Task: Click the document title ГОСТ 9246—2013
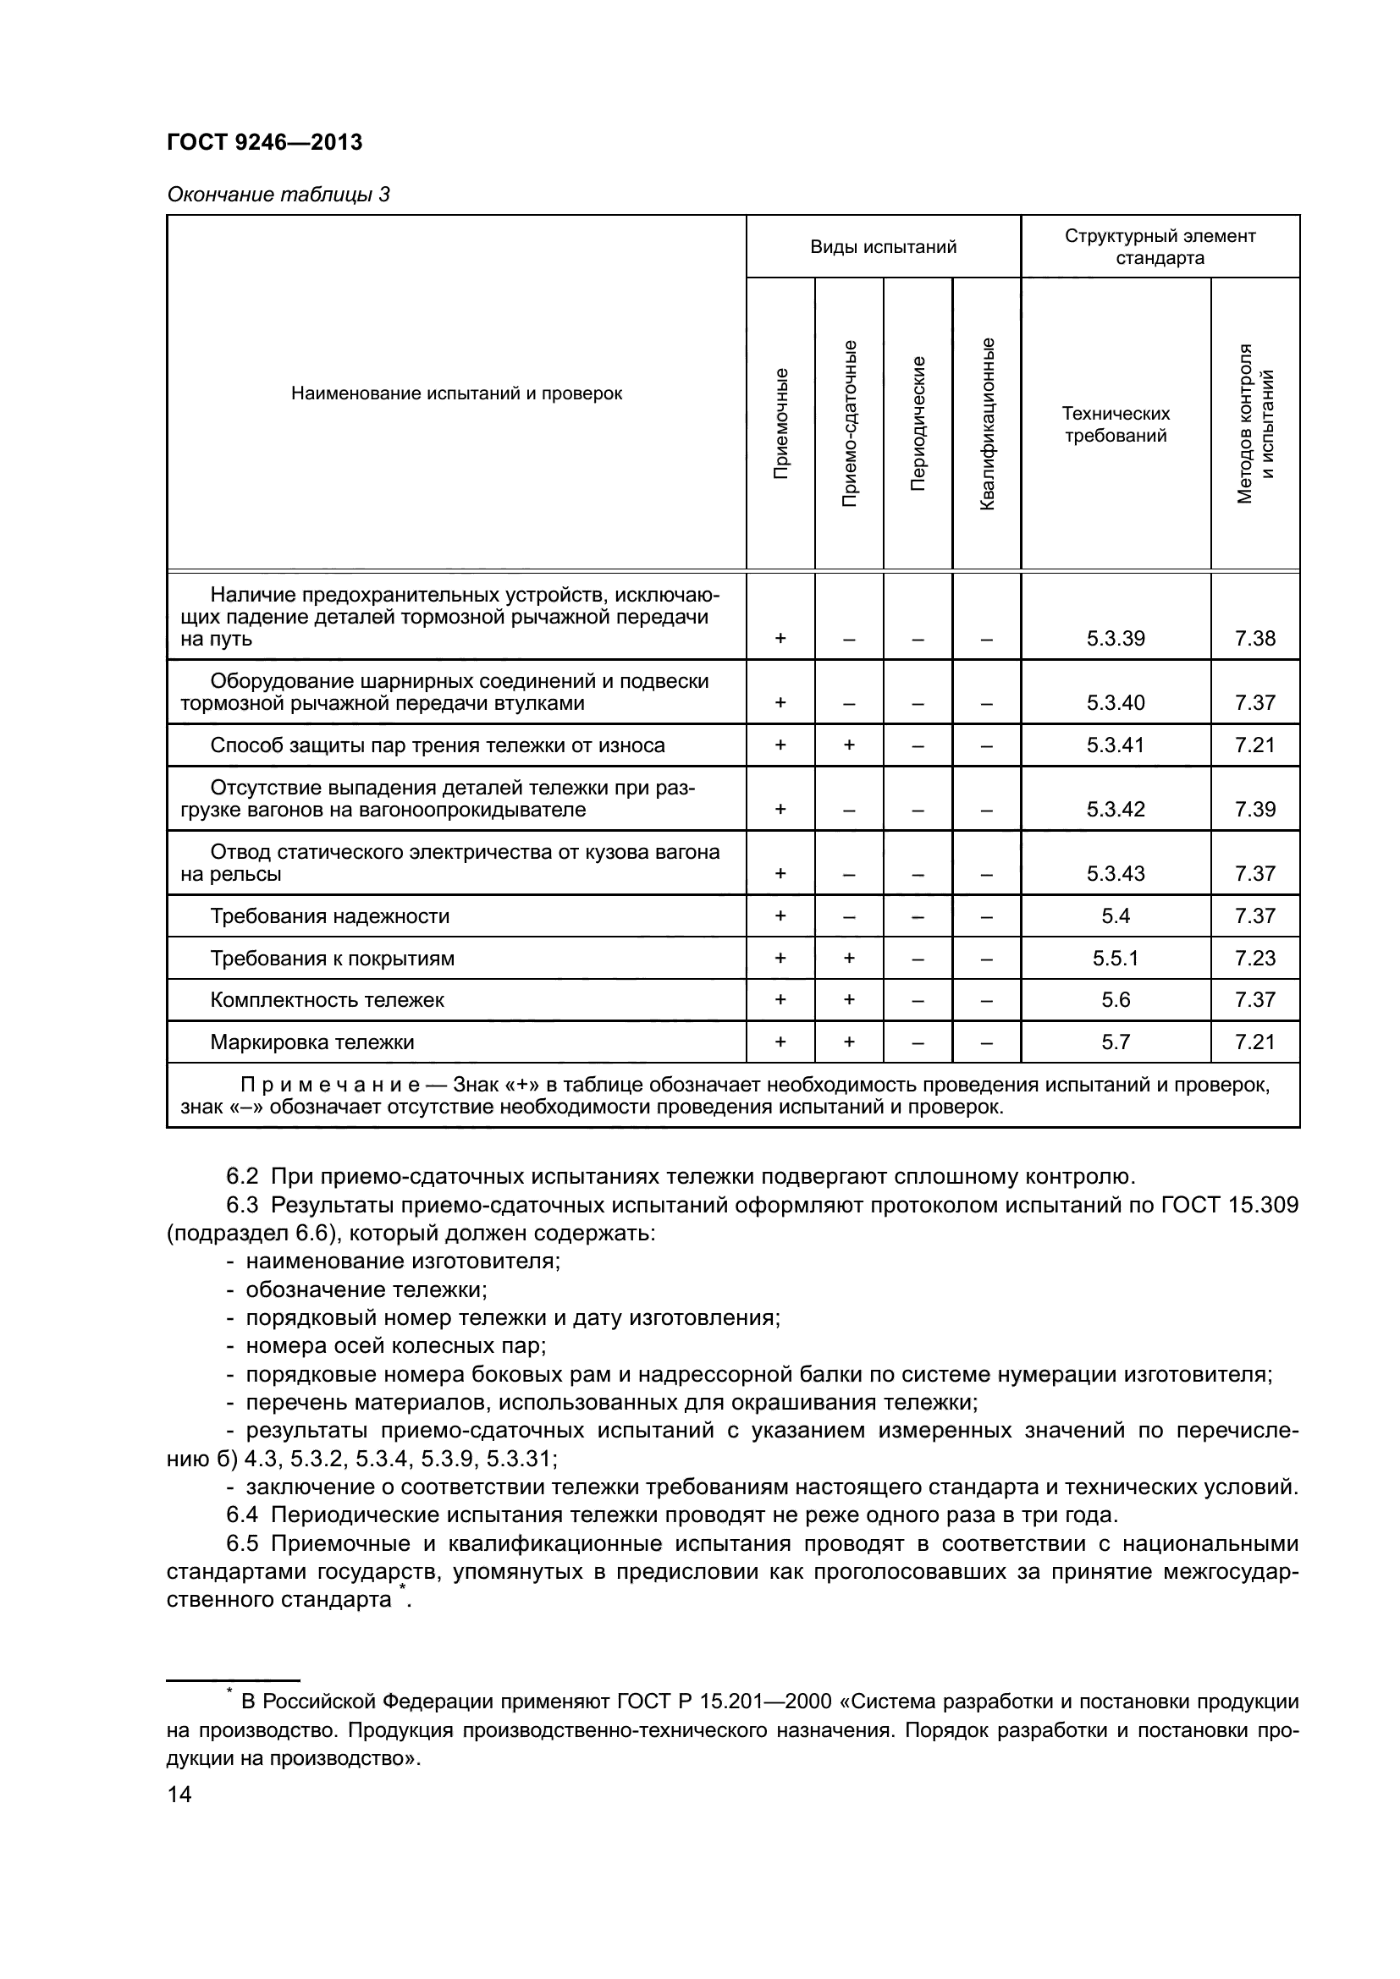tap(265, 142)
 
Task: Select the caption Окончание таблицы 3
tap(278, 195)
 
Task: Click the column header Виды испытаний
tap(883, 247)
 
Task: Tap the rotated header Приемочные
tap(780, 423)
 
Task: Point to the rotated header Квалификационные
tap(987, 423)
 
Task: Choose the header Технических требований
tap(1116, 424)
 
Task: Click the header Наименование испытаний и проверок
tap(456, 394)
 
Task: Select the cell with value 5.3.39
tap(1116, 639)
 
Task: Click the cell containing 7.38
tap(1254, 639)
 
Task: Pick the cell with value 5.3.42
tap(1116, 810)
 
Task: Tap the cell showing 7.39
tap(1254, 810)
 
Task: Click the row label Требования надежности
tap(329, 916)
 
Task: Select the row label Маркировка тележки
tap(312, 1043)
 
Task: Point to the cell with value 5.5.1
tap(1116, 959)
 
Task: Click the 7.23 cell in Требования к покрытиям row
tap(1254, 959)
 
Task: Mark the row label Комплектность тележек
tap(327, 1001)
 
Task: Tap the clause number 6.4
tap(242, 1515)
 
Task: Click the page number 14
tap(179, 1795)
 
